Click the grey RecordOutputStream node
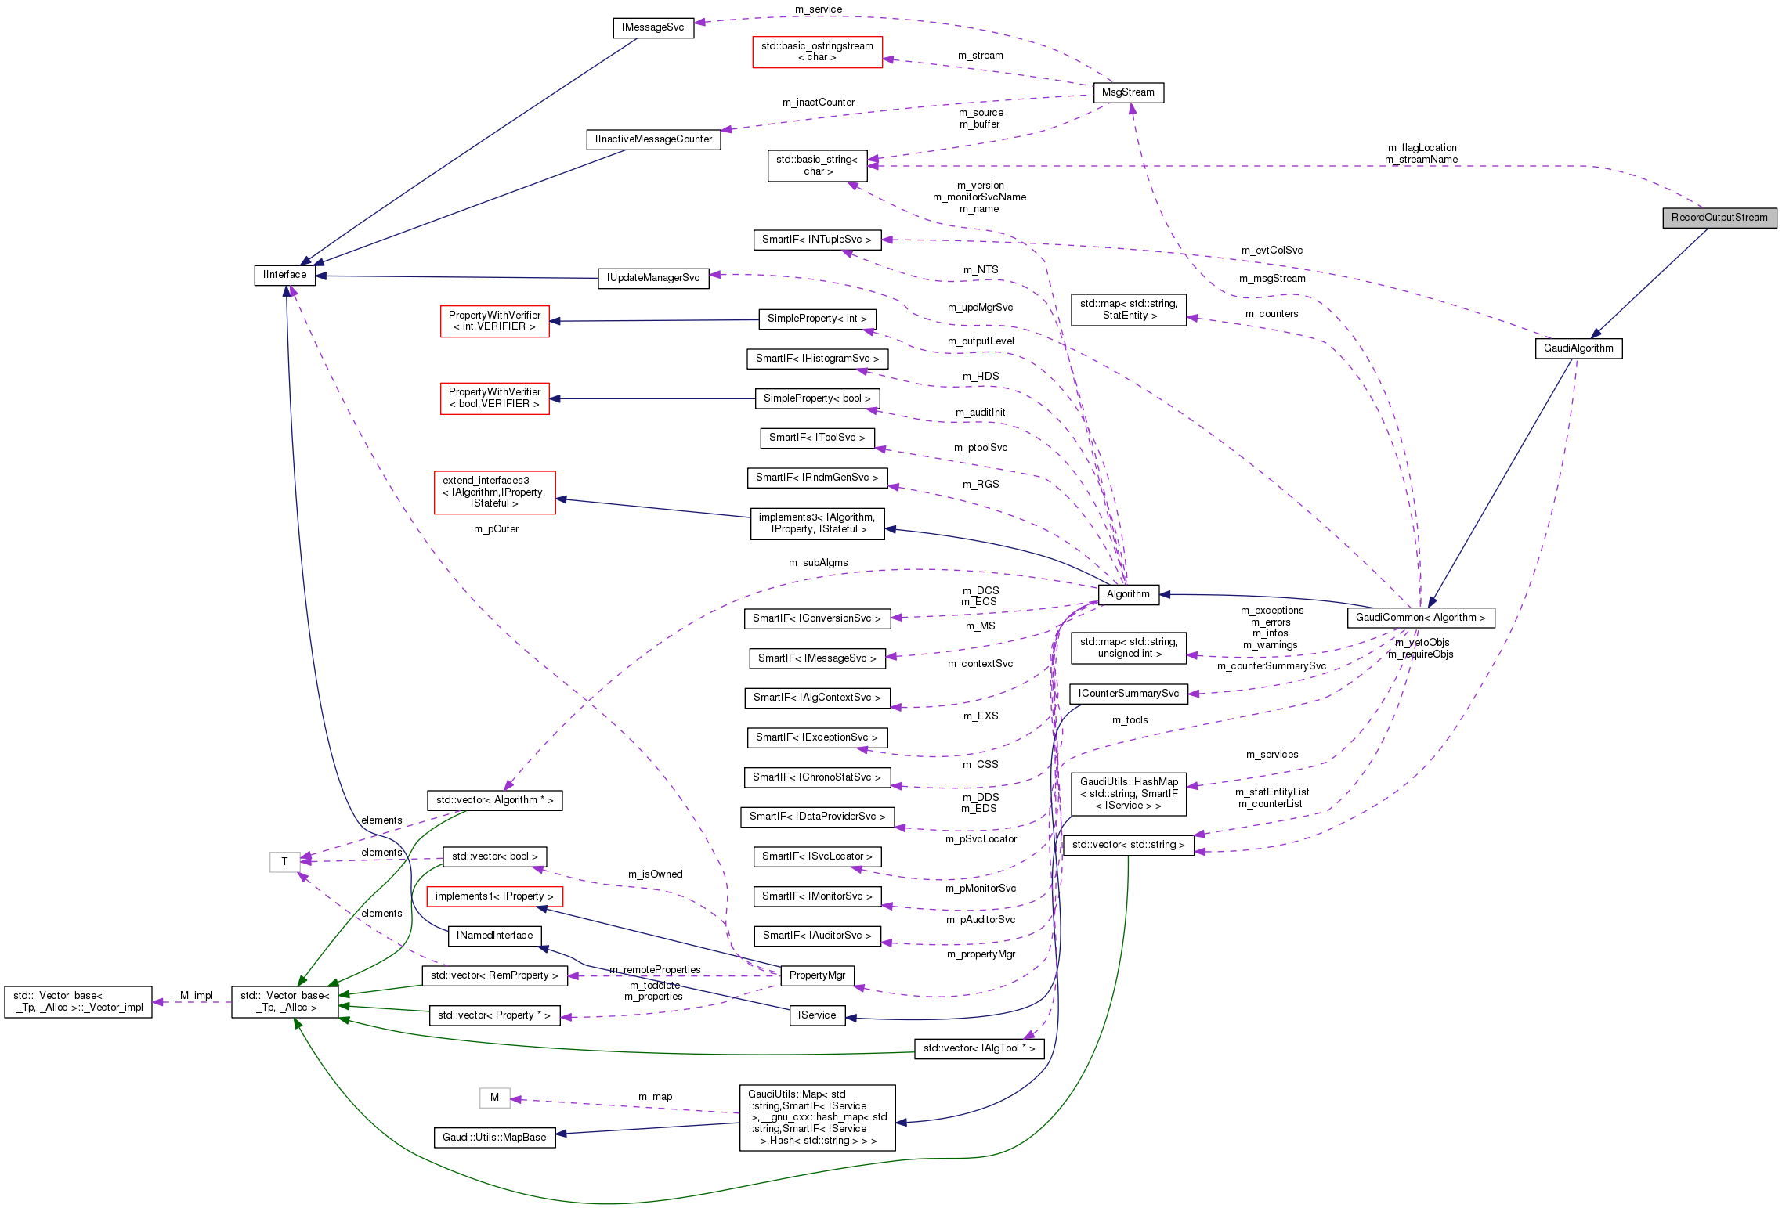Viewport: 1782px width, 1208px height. (1719, 218)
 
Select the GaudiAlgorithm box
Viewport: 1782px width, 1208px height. (1578, 348)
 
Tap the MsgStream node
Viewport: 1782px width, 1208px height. (1128, 92)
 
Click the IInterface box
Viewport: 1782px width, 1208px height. (284, 275)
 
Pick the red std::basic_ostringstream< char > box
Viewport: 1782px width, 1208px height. (817, 52)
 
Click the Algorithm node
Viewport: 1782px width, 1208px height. (1128, 594)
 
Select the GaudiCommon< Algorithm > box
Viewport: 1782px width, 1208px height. (1420, 618)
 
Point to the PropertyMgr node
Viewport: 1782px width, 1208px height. (817, 975)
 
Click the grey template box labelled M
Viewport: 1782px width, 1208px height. (494, 1098)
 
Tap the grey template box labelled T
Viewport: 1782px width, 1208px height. (284, 862)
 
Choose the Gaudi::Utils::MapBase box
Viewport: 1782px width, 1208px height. (494, 1138)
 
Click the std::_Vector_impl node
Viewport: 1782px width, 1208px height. (78, 1002)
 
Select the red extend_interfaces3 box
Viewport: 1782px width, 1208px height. (494, 492)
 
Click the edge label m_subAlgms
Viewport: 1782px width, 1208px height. (818, 563)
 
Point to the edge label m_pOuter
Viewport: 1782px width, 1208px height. (496, 529)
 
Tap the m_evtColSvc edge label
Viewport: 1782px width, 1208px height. (1271, 251)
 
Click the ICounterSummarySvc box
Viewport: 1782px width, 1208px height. (1128, 694)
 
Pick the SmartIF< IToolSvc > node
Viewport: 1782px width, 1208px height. (817, 438)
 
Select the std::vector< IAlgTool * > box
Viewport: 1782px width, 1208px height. (979, 1048)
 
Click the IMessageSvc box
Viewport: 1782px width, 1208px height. (652, 27)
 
